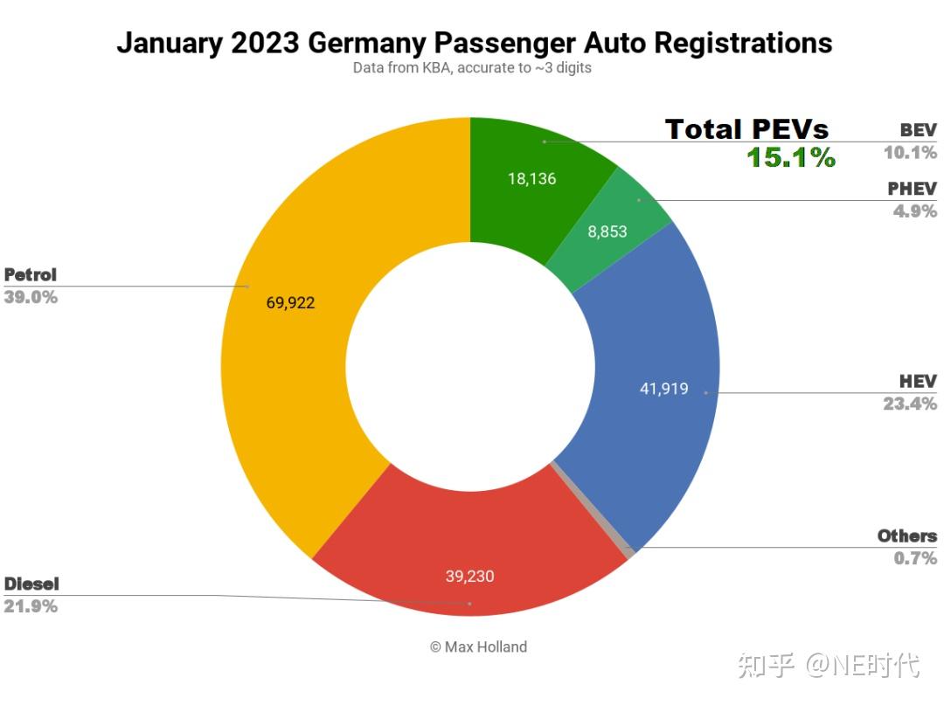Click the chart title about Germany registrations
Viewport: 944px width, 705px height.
click(474, 42)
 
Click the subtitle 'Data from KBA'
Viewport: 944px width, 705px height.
click(472, 67)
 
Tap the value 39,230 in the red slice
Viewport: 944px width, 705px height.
click(469, 576)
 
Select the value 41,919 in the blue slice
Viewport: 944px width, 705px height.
click(664, 389)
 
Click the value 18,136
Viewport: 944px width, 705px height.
click(531, 179)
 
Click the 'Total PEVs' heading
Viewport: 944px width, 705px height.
click(746, 129)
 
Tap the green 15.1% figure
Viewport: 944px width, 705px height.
click(791, 158)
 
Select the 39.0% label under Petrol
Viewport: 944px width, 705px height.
click(31, 297)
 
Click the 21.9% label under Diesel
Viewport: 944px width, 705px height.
click(31, 606)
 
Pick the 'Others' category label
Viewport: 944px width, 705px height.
click(906, 536)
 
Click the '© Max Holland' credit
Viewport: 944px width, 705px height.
click(478, 647)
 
